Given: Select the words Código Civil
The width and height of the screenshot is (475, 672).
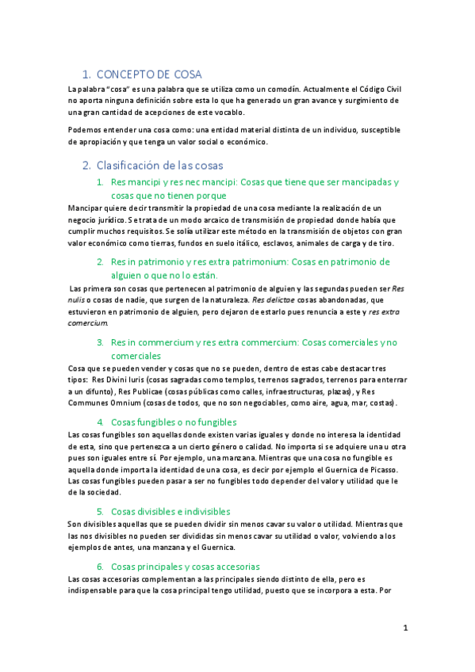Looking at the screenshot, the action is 377,90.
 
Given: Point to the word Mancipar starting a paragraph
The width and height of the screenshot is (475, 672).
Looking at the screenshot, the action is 87,208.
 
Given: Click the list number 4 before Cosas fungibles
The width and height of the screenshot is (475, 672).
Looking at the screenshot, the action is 101,422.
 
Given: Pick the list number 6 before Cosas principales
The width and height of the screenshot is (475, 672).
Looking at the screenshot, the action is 101,567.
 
